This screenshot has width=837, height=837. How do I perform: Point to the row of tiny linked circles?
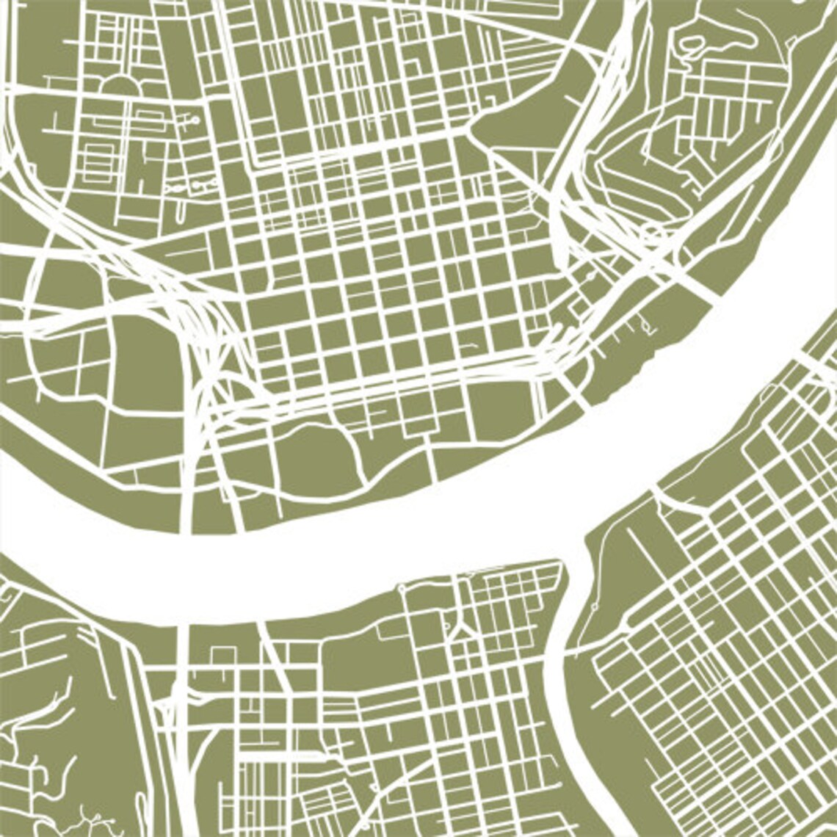pyautogui.click(x=188, y=188)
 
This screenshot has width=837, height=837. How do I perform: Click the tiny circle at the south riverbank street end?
pyautogui.click(x=402, y=588)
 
